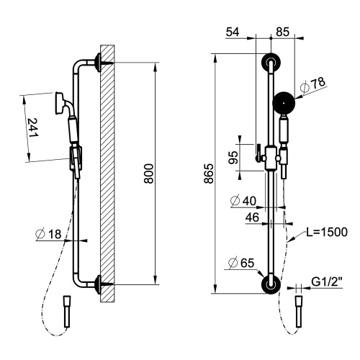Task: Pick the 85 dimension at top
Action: pyautogui.click(x=282, y=32)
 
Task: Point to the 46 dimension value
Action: pyautogui.click(x=253, y=216)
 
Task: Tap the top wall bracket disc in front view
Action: pyautogui.click(x=270, y=63)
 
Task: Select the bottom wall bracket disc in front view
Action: pyautogui.click(x=270, y=284)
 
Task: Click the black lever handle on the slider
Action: pyautogui.click(x=254, y=152)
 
